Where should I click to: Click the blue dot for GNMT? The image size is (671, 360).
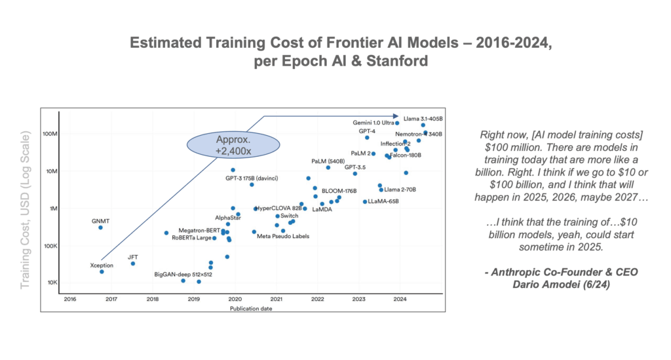coord(100,228)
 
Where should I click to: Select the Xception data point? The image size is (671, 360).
coord(102,271)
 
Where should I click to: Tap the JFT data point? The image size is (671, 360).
coord(133,264)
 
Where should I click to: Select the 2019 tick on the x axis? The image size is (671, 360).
coord(194,299)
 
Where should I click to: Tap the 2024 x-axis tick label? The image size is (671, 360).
coord(400,299)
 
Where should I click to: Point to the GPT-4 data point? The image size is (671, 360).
coord(367,138)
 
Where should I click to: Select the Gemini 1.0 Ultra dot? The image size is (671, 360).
coord(397,123)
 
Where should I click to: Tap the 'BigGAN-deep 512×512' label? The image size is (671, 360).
coord(183,274)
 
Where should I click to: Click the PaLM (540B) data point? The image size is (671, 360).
coord(328,168)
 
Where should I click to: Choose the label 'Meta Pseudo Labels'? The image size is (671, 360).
coord(282,236)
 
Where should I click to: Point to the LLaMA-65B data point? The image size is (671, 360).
coord(365,201)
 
